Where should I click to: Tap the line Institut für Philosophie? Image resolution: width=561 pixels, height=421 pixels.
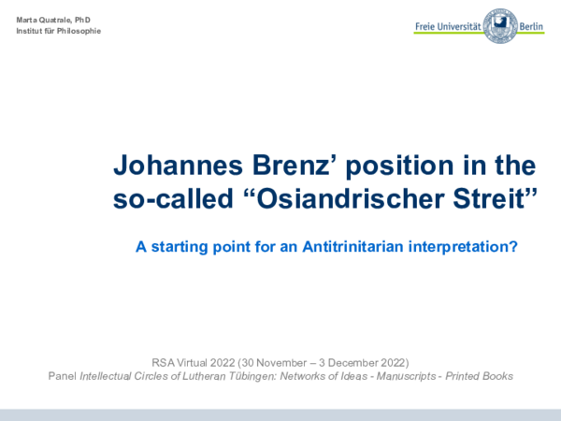coord(58,32)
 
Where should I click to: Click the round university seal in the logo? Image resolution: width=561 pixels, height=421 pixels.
coord(501,26)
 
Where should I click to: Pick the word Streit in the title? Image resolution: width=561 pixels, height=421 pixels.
coord(501,198)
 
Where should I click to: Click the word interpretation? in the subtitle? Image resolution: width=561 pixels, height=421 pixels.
coord(453,247)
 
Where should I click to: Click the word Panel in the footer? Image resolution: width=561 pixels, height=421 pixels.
coord(62,375)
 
